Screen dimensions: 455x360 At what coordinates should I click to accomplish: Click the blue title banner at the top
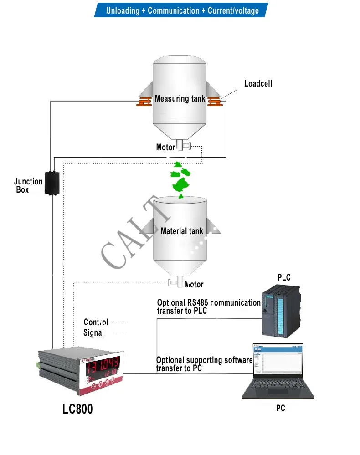(x=181, y=10)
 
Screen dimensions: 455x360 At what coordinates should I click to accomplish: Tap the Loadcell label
(x=258, y=83)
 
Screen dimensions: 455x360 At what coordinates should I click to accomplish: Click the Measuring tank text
(x=180, y=98)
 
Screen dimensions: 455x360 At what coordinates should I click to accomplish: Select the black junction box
(x=53, y=183)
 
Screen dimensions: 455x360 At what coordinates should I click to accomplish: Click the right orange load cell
(x=214, y=102)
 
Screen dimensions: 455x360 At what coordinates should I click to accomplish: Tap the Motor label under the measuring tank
(x=165, y=147)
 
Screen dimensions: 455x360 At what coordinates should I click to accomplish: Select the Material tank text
(x=182, y=231)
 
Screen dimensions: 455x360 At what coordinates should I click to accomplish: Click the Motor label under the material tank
(x=194, y=284)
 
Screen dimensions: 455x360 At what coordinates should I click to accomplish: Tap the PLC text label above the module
(x=283, y=277)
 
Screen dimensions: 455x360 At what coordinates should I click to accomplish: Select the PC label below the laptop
(x=280, y=409)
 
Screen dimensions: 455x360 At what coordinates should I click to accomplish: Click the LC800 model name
(x=77, y=409)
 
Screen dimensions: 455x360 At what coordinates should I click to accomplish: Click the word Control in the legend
(x=96, y=322)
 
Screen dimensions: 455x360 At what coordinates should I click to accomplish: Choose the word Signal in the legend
(x=93, y=333)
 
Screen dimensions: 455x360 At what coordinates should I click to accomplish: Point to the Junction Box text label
(x=28, y=185)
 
